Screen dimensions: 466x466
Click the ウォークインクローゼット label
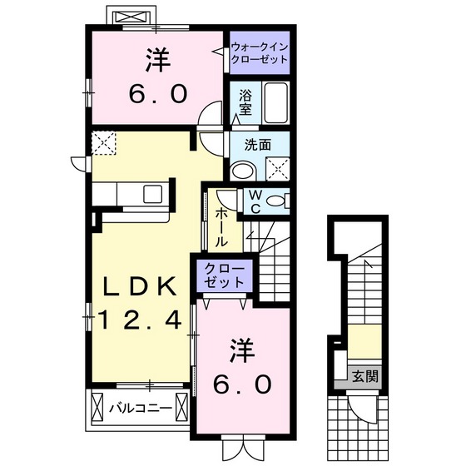260,54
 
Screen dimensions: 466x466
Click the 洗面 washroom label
257,144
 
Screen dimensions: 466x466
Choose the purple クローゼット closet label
221,275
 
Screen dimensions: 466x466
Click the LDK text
140,287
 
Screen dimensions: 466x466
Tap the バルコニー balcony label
141,409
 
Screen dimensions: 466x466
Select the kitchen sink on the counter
156,193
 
